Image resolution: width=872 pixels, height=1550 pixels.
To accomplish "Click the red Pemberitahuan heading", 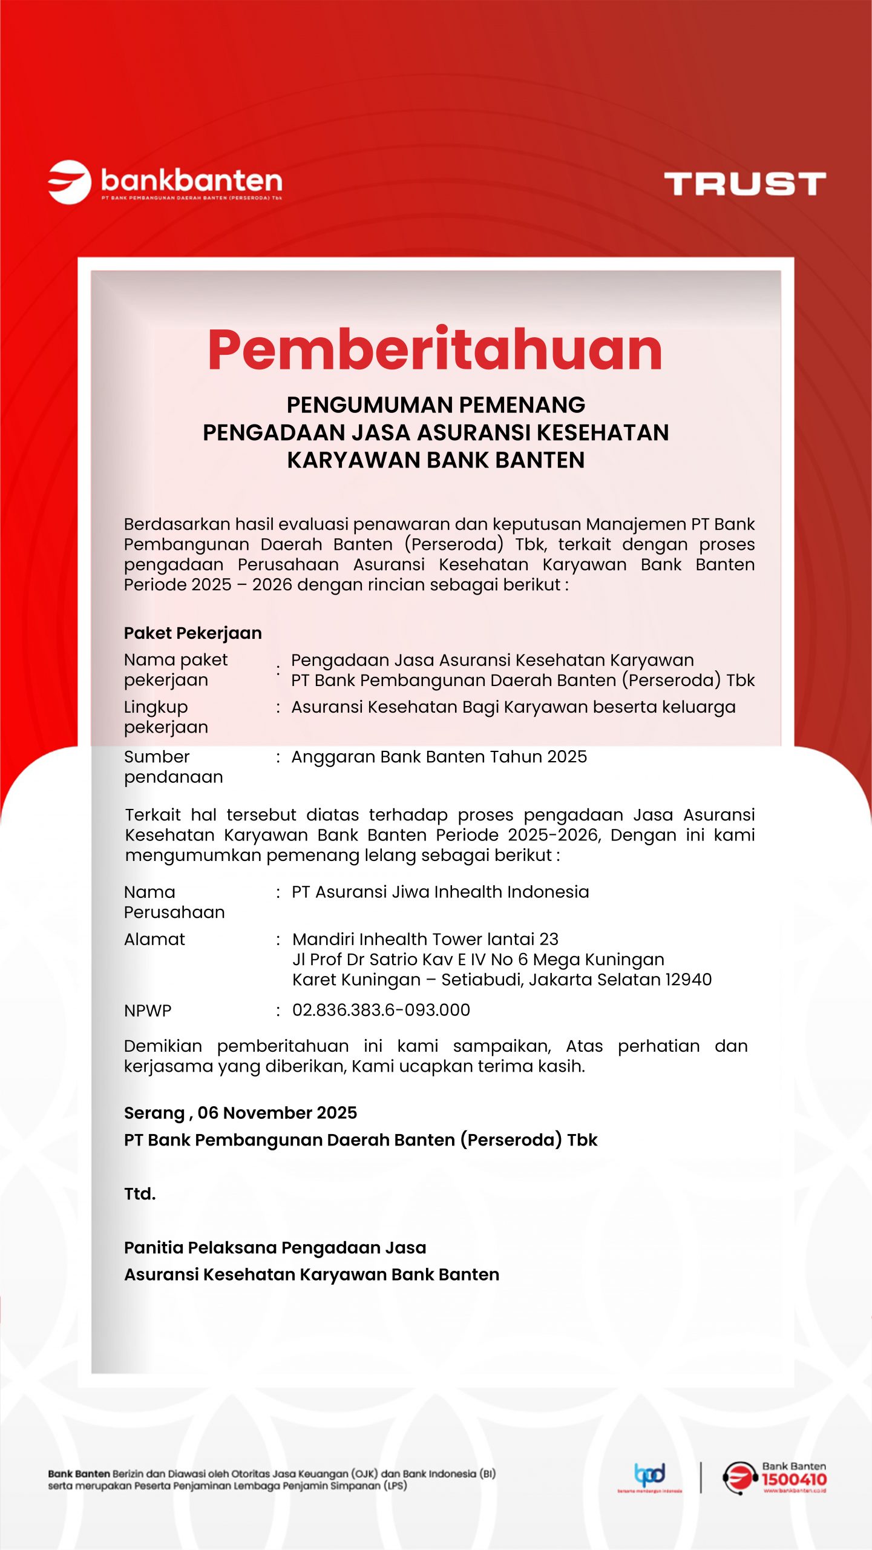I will coord(435,351).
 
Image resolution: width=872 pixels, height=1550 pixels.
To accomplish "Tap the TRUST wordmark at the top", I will coord(744,183).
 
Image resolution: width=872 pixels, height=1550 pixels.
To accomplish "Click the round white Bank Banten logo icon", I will coord(70,182).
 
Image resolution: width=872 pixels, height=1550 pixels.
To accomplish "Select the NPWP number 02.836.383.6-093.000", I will coord(381,1010).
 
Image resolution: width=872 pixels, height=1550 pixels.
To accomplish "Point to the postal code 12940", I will coord(689,980).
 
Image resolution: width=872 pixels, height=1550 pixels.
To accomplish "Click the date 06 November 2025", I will coord(277,1113).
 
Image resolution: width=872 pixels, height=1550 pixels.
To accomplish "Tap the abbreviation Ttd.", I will coord(140,1194).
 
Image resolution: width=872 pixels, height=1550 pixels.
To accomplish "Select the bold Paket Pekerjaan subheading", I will coord(193,633).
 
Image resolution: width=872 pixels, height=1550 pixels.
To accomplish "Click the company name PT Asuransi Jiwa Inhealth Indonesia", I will coord(440,892).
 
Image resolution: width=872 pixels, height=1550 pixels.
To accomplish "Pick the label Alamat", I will coord(154,939).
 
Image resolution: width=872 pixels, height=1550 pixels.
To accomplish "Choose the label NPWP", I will coord(148,1011).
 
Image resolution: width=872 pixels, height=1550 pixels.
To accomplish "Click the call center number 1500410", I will coord(793,1479).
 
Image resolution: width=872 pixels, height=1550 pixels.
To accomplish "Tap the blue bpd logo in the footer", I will coord(650,1475).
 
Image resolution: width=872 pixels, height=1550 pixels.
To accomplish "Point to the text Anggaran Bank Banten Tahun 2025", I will coord(439,757).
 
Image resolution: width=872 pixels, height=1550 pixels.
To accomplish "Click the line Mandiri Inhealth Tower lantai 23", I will coord(425,939).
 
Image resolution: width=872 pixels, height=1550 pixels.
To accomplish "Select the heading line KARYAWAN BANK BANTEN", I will coord(436,460).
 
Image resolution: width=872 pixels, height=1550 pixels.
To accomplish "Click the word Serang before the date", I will coord(154,1113).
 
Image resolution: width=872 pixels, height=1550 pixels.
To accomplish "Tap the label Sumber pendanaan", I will coord(173,767).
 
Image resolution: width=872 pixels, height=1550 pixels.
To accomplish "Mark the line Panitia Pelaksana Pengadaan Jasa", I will coord(275,1247).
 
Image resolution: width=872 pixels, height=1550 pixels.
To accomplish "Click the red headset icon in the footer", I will coord(739,1478).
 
